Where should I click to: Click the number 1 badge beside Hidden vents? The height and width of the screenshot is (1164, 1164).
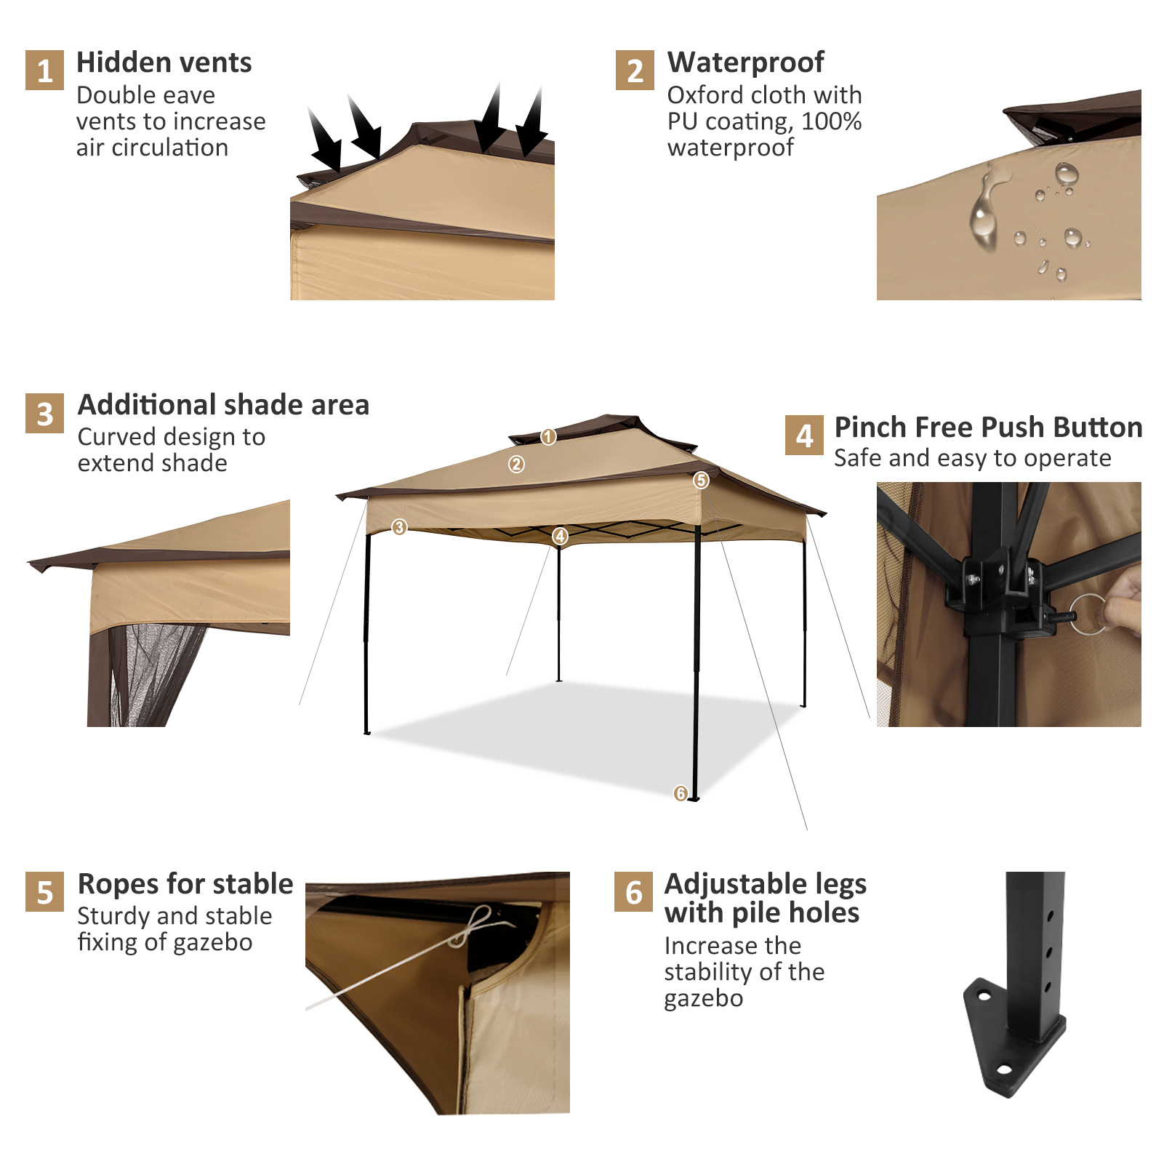click(44, 71)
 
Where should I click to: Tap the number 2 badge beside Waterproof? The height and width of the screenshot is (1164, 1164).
click(635, 71)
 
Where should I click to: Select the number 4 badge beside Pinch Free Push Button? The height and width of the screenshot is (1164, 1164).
click(804, 436)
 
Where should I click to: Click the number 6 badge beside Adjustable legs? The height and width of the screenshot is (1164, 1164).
click(633, 892)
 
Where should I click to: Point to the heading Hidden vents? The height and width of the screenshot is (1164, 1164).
click(164, 63)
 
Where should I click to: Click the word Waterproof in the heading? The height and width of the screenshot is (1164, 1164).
click(745, 63)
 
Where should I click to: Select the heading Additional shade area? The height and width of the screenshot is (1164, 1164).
click(223, 405)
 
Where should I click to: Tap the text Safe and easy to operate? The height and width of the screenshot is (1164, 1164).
click(972, 458)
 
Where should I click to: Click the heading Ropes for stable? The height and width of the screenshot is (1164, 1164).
click(185, 884)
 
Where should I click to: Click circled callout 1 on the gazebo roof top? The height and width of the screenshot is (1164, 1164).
click(548, 436)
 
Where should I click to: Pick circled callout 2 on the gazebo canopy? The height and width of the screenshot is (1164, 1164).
click(516, 464)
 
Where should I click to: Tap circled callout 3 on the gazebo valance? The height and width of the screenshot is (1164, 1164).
click(399, 527)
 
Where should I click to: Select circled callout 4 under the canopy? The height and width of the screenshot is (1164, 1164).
click(560, 536)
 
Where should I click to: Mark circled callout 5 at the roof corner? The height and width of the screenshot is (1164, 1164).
click(701, 480)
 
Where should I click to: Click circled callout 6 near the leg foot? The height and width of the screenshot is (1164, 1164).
click(681, 792)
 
